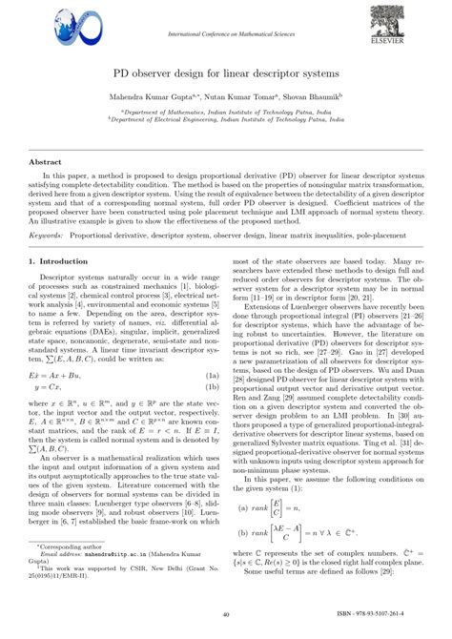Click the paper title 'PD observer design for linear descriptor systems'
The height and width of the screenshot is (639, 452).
click(x=225, y=72)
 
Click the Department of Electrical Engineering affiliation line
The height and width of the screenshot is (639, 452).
click(x=225, y=121)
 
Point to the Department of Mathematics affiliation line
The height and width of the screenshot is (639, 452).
click(x=225, y=112)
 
